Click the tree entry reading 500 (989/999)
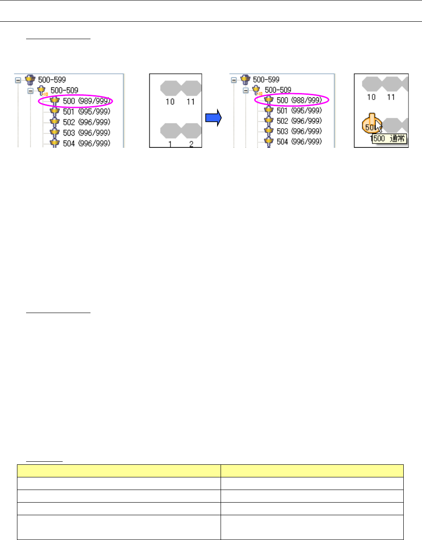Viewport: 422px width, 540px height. coord(86,101)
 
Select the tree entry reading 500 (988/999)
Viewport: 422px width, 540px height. coord(299,100)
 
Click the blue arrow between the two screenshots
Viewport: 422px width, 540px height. coord(214,117)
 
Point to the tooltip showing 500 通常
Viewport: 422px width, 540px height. coord(389,139)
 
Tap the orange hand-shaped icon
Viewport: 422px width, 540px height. coord(371,125)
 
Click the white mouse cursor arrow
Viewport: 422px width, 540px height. coord(379,127)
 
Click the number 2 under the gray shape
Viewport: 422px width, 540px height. coord(191,144)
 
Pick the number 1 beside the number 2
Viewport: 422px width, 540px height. coord(170,144)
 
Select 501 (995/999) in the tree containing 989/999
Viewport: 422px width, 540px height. coord(86,111)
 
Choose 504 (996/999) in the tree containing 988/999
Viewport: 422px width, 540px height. coord(299,141)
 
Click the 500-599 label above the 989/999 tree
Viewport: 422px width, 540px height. coord(52,80)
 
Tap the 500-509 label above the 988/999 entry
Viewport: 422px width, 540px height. coord(278,90)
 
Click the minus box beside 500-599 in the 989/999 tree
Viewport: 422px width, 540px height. coord(18,80)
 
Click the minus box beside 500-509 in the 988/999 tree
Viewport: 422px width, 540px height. coord(246,90)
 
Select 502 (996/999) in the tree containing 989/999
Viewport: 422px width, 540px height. coord(86,122)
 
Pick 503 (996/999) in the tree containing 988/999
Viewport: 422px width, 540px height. coord(299,131)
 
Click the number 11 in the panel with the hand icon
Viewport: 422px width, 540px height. coord(391,97)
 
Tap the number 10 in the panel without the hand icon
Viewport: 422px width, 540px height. coord(170,101)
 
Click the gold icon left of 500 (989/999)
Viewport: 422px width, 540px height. coord(54,101)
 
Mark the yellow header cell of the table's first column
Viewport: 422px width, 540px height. coord(118,471)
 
